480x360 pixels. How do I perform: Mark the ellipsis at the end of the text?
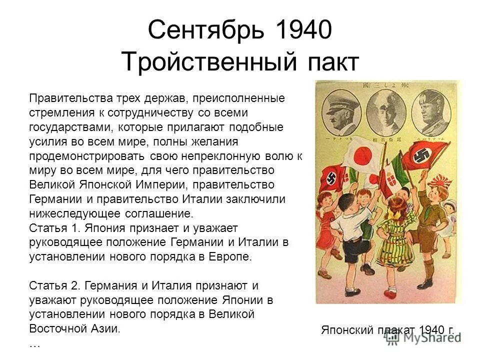[x=35, y=344]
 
